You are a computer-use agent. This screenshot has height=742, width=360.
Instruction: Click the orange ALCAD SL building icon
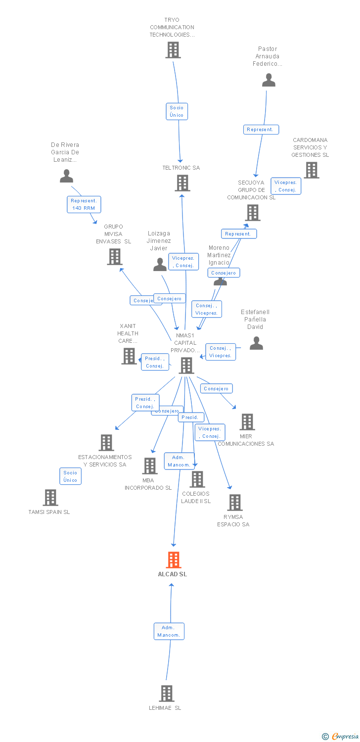click(173, 560)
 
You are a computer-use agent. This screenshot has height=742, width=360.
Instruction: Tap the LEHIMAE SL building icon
click(167, 693)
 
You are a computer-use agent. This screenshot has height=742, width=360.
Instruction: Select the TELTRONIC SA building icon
click(182, 183)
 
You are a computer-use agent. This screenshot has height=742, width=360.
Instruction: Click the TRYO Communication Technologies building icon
click(173, 50)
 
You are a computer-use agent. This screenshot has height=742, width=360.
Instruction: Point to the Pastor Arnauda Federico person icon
click(269, 80)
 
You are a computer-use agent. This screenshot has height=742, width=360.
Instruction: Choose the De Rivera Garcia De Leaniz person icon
click(66, 176)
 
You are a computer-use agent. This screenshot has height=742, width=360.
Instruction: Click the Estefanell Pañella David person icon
click(256, 343)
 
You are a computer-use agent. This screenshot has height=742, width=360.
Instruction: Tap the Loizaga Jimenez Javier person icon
click(160, 265)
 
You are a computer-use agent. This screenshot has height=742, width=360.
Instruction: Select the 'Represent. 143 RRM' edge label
click(84, 204)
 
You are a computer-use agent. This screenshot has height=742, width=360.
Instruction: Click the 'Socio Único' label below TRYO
click(177, 111)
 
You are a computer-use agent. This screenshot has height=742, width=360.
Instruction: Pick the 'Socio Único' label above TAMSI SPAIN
click(70, 476)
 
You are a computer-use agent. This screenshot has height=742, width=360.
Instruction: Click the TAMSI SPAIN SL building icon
click(50, 497)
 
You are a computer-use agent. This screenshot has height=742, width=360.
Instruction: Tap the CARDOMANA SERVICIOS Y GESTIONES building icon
click(311, 170)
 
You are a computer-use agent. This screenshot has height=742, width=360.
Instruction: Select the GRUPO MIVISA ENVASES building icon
click(114, 257)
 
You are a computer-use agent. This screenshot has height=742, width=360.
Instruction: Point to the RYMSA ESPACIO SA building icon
click(234, 502)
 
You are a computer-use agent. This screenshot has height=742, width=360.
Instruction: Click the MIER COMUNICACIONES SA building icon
click(247, 422)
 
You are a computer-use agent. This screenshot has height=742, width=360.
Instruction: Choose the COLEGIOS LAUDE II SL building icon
click(197, 479)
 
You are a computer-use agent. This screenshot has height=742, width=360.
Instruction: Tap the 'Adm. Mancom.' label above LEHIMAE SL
click(169, 631)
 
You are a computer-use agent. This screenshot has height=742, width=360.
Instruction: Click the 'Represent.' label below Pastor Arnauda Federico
click(261, 130)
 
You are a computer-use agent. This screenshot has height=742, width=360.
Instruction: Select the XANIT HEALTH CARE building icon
click(129, 356)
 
